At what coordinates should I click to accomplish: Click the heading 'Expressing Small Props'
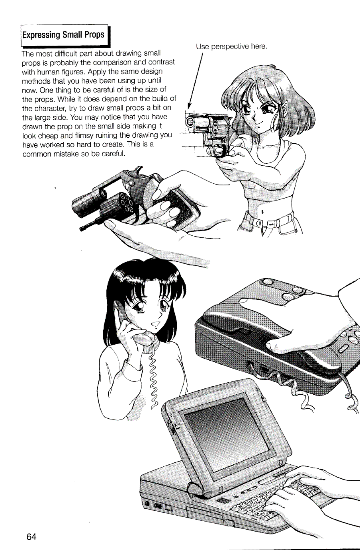(x=63, y=35)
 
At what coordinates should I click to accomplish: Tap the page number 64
(x=32, y=536)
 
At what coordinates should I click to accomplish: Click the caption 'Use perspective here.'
(x=232, y=46)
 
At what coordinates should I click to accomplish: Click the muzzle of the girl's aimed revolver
(x=190, y=121)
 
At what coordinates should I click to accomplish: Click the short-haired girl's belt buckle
(x=258, y=223)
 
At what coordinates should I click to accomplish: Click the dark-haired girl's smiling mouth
(x=155, y=325)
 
